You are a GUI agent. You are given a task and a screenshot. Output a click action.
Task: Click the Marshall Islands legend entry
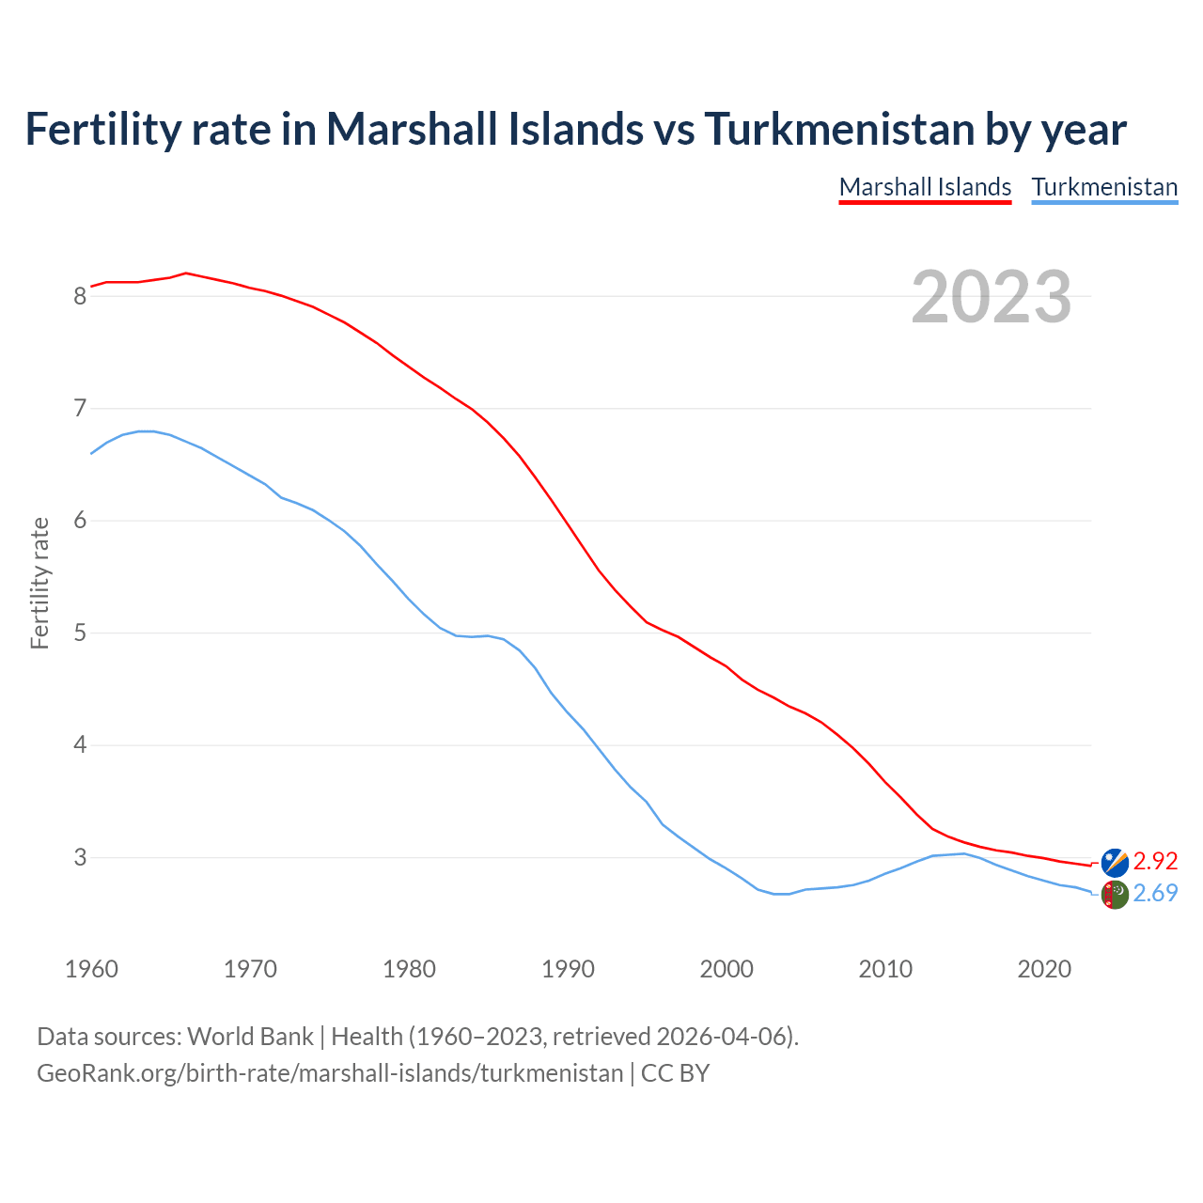[925, 187]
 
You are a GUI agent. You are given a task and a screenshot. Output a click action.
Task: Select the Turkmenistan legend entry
[1104, 187]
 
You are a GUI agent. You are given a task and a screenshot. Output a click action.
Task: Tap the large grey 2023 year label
[992, 297]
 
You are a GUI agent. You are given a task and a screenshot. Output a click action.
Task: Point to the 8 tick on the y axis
[80, 297]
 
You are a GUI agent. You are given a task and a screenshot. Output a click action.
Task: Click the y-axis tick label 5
[80, 633]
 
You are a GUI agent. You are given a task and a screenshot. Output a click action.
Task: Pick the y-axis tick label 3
[80, 858]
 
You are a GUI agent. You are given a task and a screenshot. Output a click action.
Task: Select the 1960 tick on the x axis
[91, 969]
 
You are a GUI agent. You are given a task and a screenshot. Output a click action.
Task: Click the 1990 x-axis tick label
[568, 969]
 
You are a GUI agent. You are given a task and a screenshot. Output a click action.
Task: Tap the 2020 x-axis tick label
[1044, 969]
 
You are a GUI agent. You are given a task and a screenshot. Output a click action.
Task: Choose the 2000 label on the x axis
[726, 969]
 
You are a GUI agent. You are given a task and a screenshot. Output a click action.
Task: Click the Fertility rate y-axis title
[39, 583]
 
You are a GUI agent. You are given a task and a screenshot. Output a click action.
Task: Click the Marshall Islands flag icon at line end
[1115, 862]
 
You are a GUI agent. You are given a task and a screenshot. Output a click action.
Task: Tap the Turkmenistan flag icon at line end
[1115, 894]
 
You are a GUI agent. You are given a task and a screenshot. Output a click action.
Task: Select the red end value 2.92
[1155, 861]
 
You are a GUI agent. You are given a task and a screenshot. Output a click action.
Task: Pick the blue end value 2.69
[1155, 893]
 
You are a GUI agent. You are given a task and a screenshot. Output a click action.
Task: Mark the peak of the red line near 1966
[186, 273]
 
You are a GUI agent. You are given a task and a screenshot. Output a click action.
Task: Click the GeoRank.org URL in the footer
[330, 1072]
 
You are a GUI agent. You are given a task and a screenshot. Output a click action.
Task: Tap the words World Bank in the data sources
[250, 1037]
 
